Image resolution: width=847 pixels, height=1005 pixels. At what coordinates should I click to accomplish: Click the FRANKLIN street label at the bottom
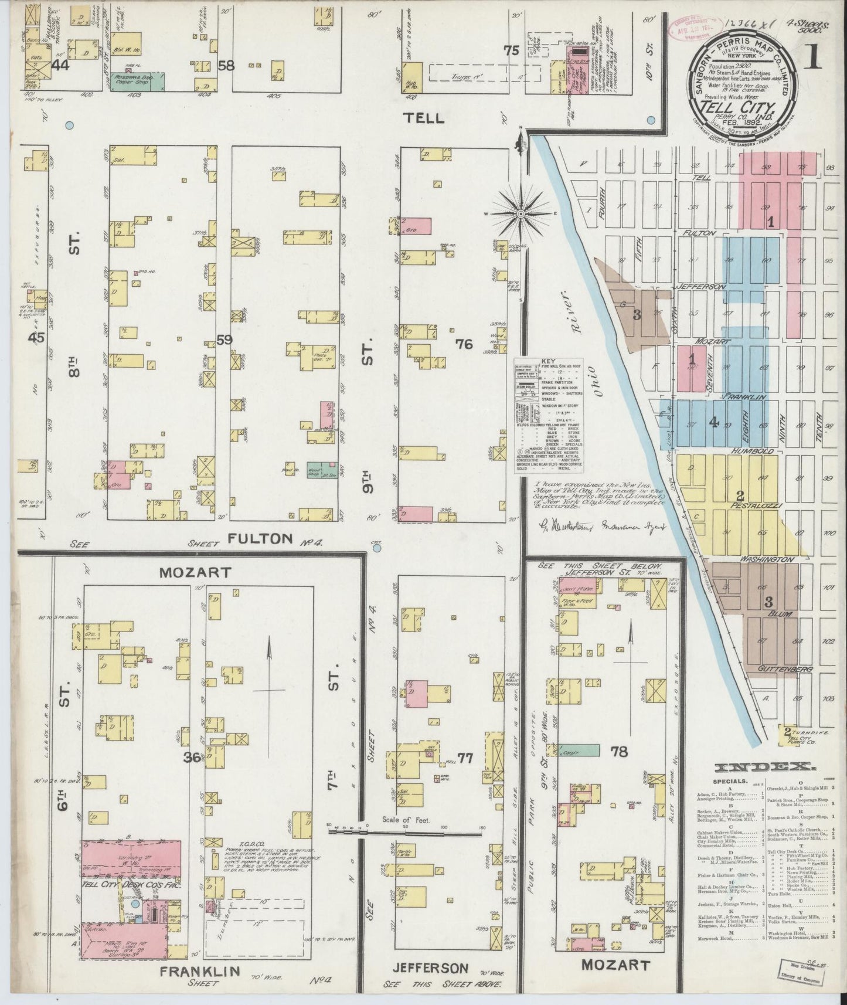tap(200, 971)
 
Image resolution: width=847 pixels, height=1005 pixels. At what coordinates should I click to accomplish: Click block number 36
tap(192, 758)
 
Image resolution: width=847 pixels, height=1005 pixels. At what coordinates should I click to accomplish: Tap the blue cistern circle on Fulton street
tap(377, 548)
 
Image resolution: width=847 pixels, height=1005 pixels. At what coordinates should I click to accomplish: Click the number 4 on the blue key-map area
tap(713, 421)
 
